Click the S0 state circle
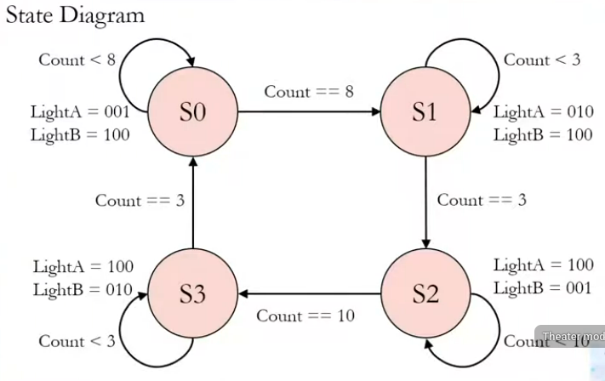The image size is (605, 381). pos(193,111)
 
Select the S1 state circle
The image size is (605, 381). pos(425,111)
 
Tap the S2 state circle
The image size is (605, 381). pos(425,294)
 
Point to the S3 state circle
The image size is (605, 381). pos(193,294)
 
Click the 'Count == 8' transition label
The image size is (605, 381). pos(308,91)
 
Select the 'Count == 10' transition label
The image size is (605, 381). pos(305,316)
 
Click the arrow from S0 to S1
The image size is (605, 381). pos(308,111)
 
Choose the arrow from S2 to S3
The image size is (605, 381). pos(308,294)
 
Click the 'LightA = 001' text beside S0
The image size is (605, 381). pos(79,111)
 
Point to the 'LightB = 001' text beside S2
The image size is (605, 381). pos(542,287)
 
